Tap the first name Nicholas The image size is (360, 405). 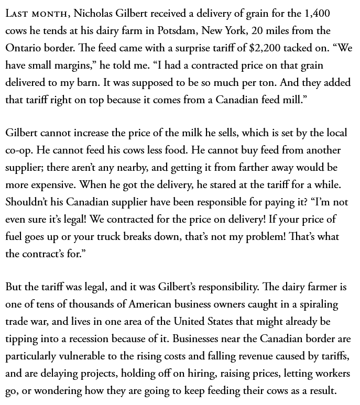(x=100, y=14)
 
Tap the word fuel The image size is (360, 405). (x=14, y=237)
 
